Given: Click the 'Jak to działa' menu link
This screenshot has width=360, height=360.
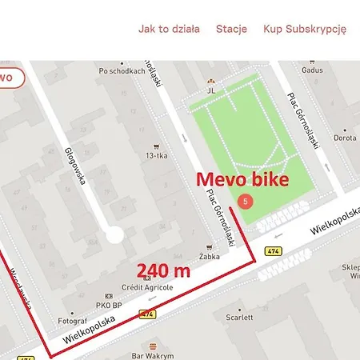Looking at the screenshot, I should point(169,29).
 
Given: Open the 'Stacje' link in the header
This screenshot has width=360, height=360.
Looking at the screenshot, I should point(231,29).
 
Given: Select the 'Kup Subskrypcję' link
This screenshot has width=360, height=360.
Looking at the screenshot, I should point(304,29).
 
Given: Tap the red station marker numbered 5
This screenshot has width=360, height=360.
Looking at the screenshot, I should point(246,201).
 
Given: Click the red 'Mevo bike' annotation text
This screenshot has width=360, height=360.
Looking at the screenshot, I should point(242,179).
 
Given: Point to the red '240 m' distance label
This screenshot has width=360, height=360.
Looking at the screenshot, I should point(163,270).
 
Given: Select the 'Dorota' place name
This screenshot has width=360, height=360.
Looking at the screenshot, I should point(345,138).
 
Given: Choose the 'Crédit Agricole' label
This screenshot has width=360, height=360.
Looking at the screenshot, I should point(143,286).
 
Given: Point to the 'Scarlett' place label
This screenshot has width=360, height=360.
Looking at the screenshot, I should point(238,318).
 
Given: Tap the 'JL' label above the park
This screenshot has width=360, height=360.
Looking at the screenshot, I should point(212,90).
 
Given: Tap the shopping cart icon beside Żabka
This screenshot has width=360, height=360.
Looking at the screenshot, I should point(210,246).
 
